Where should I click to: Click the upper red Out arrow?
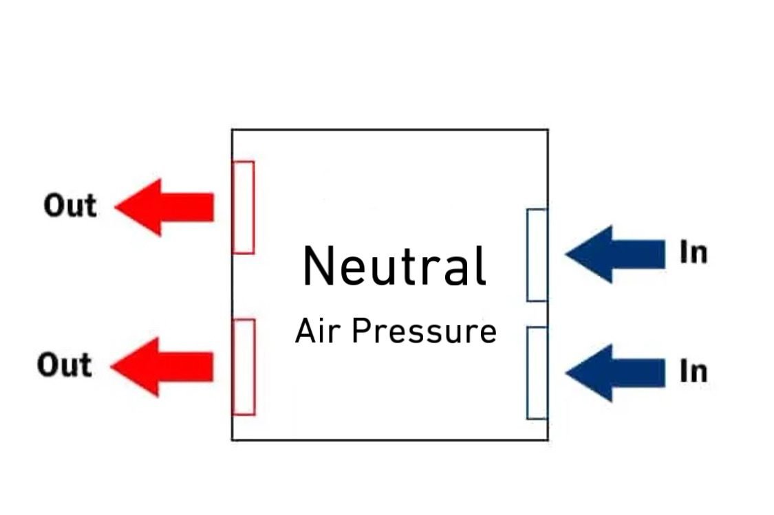pyautogui.click(x=165, y=207)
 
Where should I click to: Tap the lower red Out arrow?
pyautogui.click(x=162, y=366)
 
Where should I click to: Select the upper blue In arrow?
pyautogui.click(x=614, y=254)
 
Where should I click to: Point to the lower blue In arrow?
pyautogui.click(x=614, y=372)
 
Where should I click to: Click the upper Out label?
pyautogui.click(x=69, y=206)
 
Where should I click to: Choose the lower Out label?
pyautogui.click(x=64, y=365)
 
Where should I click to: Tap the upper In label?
pyautogui.click(x=693, y=253)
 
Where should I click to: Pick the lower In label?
pyautogui.click(x=693, y=372)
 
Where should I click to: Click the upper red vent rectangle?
pyautogui.click(x=244, y=207)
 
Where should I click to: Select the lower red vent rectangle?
pyautogui.click(x=244, y=366)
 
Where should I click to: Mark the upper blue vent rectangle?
pyautogui.click(x=537, y=254)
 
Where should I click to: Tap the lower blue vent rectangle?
pyautogui.click(x=537, y=373)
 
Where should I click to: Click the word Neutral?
pyautogui.click(x=395, y=267)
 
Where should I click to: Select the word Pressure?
pyautogui.click(x=424, y=331)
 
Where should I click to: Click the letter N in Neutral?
pyautogui.click(x=318, y=267)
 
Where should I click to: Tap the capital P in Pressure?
pyautogui.click(x=358, y=331)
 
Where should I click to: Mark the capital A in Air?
pyautogui.click(x=305, y=331)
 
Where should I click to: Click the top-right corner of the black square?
pyautogui.click(x=548, y=130)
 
